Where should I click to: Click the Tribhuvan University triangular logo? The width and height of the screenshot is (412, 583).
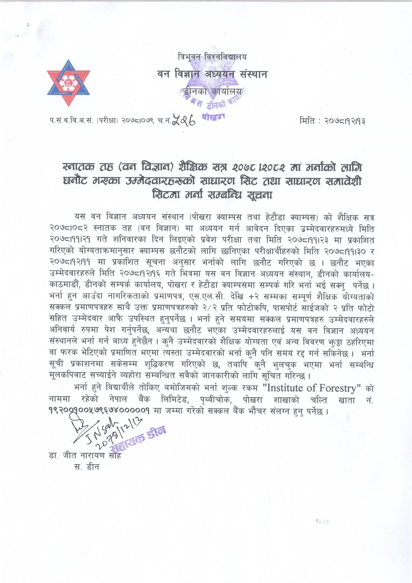pos(69,83)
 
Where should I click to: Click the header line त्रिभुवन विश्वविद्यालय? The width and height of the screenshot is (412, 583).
pos(212,57)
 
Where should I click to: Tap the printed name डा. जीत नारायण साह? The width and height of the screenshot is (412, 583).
pos(85,455)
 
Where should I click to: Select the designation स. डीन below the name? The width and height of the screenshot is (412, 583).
pos(87,467)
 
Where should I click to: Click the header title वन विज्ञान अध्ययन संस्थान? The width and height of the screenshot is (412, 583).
pos(212,74)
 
